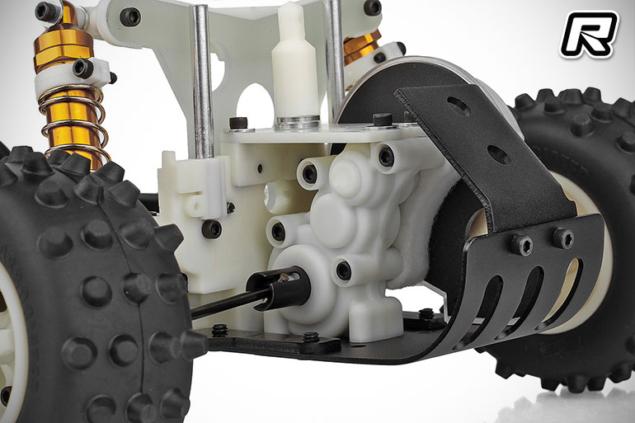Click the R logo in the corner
click(x=589, y=34)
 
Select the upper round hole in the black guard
click(x=459, y=106)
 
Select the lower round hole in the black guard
click(x=499, y=154)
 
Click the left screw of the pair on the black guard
click(x=521, y=245)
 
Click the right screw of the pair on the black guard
click(x=563, y=237)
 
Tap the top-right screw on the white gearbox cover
click(x=386, y=156)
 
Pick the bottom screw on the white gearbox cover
click(x=343, y=270)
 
